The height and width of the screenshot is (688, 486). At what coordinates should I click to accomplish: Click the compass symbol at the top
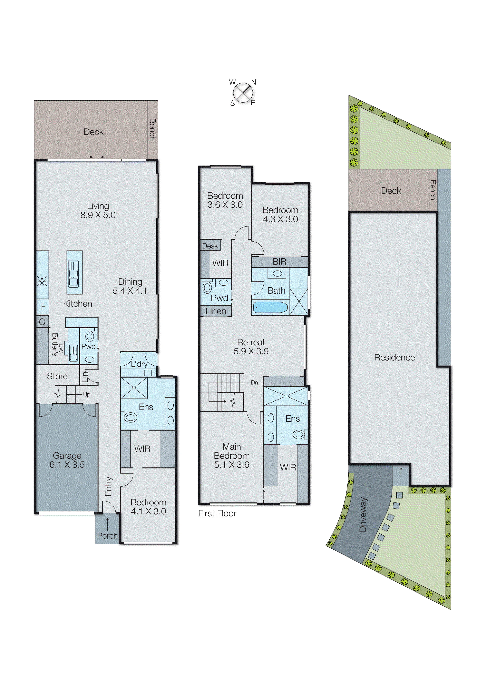(243, 92)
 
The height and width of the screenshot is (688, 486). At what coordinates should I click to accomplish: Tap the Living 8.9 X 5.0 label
(98, 211)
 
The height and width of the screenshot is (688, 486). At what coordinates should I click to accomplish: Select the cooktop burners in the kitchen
(42, 281)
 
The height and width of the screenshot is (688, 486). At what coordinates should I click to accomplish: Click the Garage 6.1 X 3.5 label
(67, 460)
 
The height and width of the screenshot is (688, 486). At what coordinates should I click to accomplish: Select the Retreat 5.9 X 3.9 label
(251, 347)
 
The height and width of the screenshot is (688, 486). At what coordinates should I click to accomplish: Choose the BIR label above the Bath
(279, 262)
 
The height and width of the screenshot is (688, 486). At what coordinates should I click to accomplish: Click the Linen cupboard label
(216, 311)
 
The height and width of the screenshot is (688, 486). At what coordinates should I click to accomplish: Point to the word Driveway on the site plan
(363, 514)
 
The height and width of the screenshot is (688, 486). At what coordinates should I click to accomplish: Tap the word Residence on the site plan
(394, 358)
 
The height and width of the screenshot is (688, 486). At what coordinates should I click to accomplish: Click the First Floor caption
(217, 514)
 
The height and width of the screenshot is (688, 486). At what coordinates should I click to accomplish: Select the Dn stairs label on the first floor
(254, 383)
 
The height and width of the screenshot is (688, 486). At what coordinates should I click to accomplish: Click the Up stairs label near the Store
(87, 395)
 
